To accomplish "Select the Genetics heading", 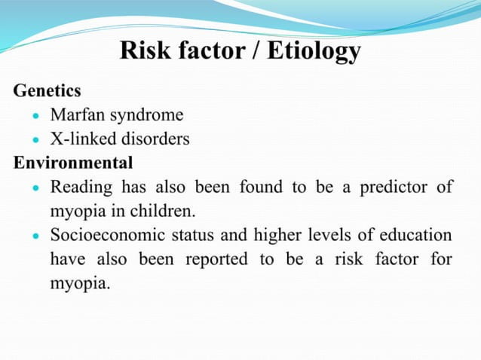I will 47,92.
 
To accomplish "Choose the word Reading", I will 80,188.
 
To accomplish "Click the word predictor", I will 392,188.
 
